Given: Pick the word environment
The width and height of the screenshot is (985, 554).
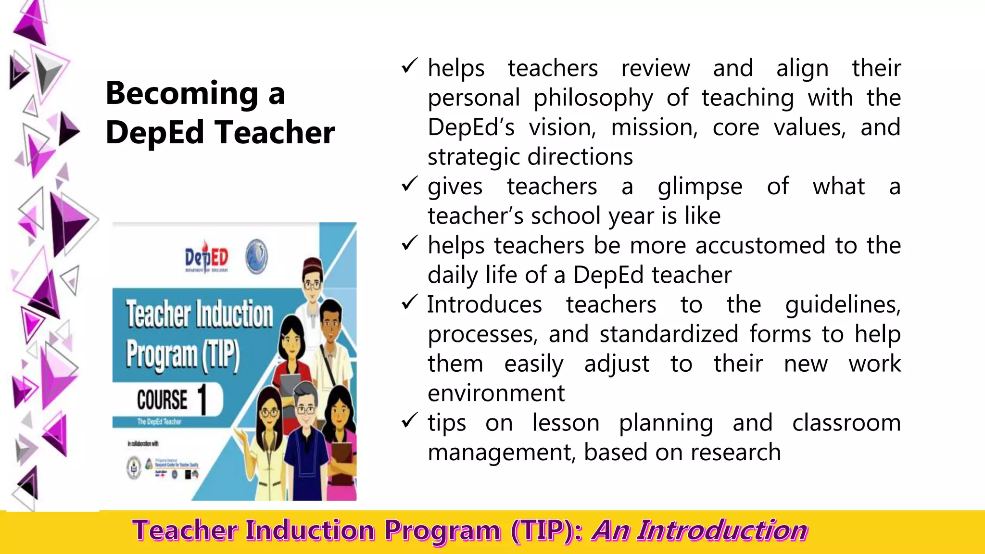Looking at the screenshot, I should click(496, 393).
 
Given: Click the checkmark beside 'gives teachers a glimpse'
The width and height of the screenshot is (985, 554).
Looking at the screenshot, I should click(409, 184).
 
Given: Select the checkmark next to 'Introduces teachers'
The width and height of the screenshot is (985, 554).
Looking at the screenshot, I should click(409, 302).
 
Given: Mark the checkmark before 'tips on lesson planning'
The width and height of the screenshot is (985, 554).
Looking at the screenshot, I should click(409, 421).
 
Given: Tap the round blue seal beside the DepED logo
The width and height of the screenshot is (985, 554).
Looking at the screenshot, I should click(257, 257).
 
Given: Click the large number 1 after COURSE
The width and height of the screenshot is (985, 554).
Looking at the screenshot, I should click(202, 399).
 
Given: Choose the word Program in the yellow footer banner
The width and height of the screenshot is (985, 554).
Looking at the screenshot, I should click(442, 531).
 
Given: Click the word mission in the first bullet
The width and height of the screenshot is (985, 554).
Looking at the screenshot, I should click(654, 128).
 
